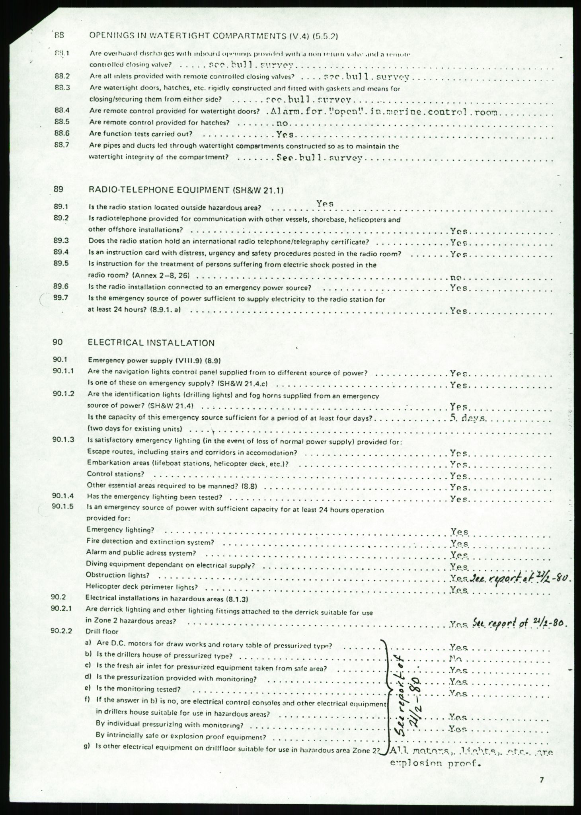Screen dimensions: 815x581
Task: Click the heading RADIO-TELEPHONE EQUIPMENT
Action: point(186,190)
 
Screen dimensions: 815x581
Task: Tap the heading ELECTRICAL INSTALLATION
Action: point(151,343)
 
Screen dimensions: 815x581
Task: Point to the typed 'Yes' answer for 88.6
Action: point(285,135)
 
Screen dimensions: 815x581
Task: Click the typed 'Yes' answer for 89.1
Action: point(325,203)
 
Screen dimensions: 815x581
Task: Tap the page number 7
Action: point(541,780)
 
